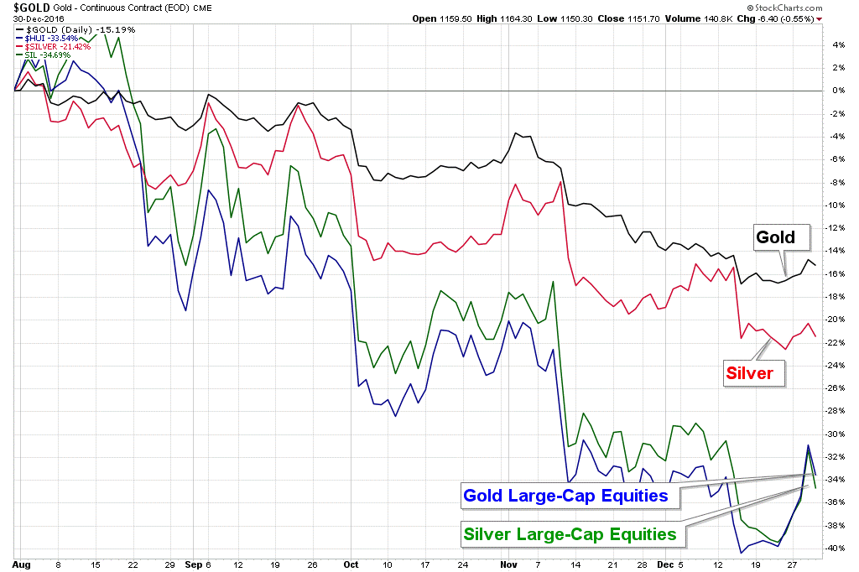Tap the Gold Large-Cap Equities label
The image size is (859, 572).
click(565, 496)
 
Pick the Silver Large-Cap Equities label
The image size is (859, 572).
click(570, 533)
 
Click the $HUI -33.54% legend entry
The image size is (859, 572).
click(48, 38)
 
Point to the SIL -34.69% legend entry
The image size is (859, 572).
click(45, 55)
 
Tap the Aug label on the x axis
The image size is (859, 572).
click(23, 565)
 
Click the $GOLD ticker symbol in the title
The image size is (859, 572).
click(24, 8)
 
